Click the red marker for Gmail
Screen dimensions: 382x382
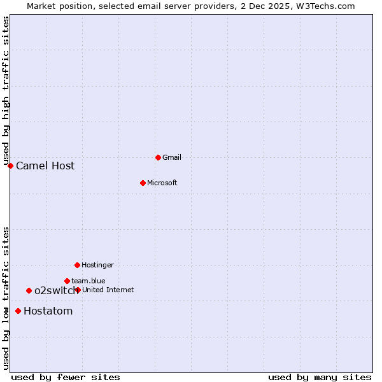coord(158,157)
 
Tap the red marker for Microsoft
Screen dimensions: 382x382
coord(143,183)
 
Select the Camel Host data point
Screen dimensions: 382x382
coord(10,166)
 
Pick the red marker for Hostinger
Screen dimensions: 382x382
coord(77,265)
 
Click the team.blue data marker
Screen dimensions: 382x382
coord(67,281)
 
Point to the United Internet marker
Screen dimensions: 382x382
coord(78,290)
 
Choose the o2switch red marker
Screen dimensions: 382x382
coord(29,290)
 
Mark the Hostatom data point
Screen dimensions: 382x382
coord(18,311)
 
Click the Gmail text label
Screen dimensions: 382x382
coord(172,157)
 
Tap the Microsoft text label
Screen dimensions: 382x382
coord(162,183)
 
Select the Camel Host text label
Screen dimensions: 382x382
coord(45,166)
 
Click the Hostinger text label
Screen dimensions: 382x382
coord(97,265)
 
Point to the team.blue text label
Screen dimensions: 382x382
coord(88,281)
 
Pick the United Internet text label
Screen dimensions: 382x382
coord(108,290)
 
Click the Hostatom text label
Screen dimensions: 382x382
coord(48,311)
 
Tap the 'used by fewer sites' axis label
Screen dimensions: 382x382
coord(66,378)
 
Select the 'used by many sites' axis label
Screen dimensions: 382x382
coord(320,378)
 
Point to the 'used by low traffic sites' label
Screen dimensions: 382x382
coord(6,297)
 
